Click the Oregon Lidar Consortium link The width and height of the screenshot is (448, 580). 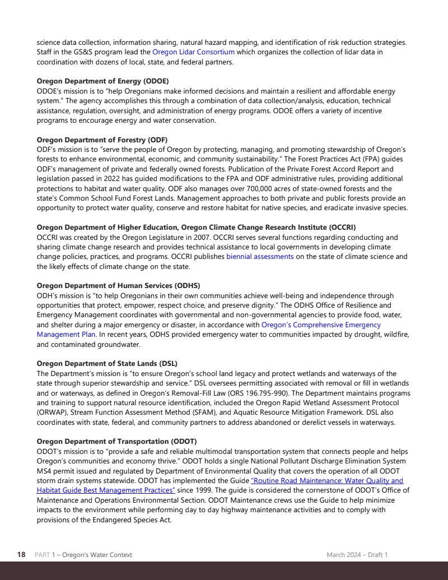point(193,52)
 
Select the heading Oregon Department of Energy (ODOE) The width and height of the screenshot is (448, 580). point(102,81)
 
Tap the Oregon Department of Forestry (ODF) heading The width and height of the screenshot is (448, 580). point(102,140)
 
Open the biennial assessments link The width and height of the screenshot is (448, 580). point(260,257)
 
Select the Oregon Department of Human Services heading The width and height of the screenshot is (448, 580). point(118,286)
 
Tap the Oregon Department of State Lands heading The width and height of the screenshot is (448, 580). point(107,364)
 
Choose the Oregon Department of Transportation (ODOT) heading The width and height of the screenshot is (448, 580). point(116,442)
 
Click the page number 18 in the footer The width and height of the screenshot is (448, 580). point(21,555)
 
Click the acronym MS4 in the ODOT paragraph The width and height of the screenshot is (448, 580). point(44,471)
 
